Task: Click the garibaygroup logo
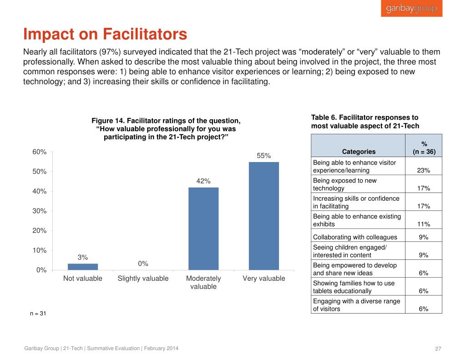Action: [x=411, y=9]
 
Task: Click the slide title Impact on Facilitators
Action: [x=105, y=34]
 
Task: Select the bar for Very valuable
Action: [x=264, y=216]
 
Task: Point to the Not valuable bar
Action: [x=83, y=267]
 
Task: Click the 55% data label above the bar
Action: [x=264, y=156]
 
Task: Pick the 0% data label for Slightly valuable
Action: [x=143, y=264]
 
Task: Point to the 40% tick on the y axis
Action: [x=39, y=191]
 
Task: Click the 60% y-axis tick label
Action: [x=39, y=152]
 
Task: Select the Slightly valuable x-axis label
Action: [x=143, y=279]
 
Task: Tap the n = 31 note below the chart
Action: [x=37, y=314]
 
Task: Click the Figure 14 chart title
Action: [x=166, y=129]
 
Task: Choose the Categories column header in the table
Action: [x=359, y=152]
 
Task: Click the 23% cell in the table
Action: [x=423, y=171]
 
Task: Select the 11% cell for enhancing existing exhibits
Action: [x=423, y=224]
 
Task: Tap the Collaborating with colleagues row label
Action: [x=355, y=237]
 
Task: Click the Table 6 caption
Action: [x=365, y=122]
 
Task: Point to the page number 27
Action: [x=439, y=349]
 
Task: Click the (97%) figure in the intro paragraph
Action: [x=111, y=52]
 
